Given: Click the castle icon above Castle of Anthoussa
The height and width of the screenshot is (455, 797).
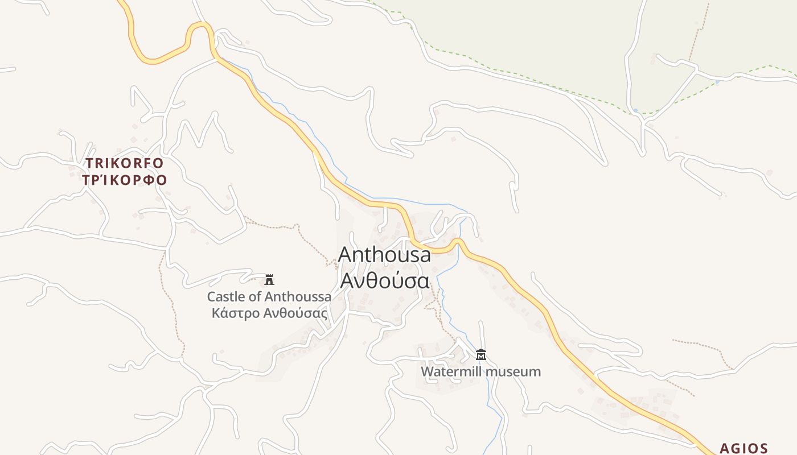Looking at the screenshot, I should pyautogui.click(x=269, y=279).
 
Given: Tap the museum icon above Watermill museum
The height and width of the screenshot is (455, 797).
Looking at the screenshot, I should pyautogui.click(x=481, y=355).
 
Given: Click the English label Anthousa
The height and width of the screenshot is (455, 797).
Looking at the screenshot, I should pyautogui.click(x=384, y=255).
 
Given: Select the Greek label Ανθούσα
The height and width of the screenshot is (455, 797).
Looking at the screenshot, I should pyautogui.click(x=384, y=280).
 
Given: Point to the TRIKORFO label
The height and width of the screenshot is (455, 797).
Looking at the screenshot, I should pyautogui.click(x=125, y=163).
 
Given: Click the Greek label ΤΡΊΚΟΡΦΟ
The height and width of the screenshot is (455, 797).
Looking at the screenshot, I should pyautogui.click(x=125, y=180).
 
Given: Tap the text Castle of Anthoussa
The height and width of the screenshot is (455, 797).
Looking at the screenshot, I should pyautogui.click(x=269, y=296).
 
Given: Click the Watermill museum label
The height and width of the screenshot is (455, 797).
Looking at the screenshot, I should pyautogui.click(x=480, y=371).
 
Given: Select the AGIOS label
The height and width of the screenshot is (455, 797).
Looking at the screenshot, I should pyautogui.click(x=744, y=448).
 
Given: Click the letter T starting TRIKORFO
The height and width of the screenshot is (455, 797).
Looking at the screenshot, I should pyautogui.click(x=89, y=163).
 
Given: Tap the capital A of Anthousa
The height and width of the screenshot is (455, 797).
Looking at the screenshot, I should pyautogui.click(x=346, y=255).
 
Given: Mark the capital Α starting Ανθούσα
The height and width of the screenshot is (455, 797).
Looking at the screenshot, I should pyautogui.click(x=347, y=280).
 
